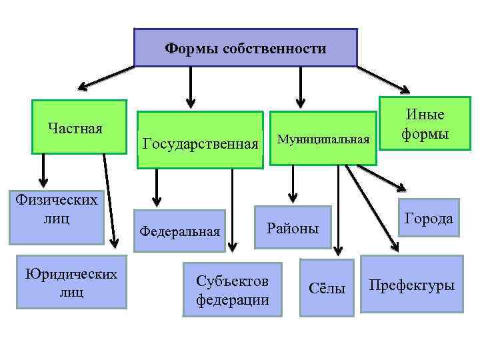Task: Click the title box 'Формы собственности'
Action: coord(245,47)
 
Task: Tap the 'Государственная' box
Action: coord(200,141)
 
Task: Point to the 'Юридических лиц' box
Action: coord(71,282)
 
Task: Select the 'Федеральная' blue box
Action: coord(179,231)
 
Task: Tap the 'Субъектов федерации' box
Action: coord(233,290)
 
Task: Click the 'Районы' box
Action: coord(293,228)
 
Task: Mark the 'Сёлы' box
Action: coord(327,289)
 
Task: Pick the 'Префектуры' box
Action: coord(412,285)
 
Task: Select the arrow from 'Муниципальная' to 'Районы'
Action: coord(292,182)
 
